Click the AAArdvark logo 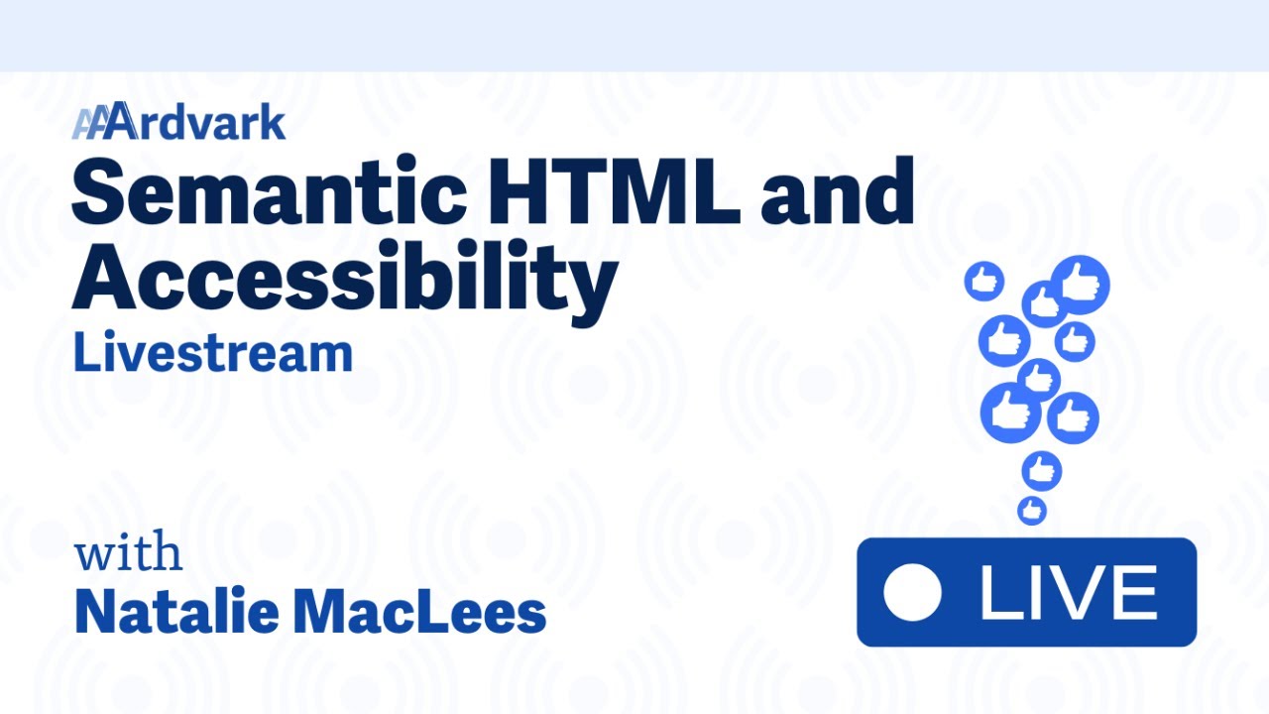[x=178, y=123]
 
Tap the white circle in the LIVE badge [x=912, y=592]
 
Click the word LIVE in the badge [x=1068, y=592]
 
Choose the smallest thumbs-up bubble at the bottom [x=1032, y=511]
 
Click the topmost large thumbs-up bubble [x=1080, y=285]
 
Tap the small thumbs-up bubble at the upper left [x=983, y=281]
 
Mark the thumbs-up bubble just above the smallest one [x=1041, y=471]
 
